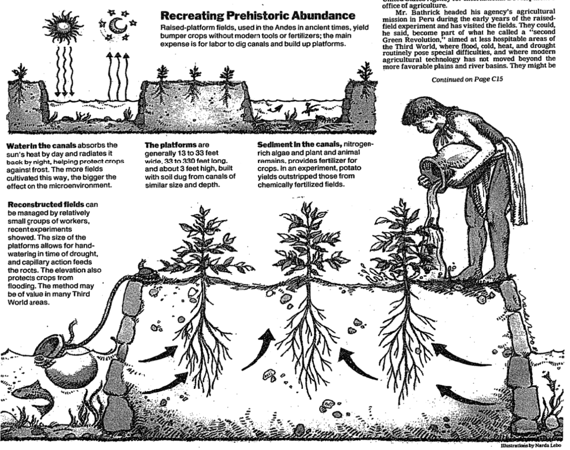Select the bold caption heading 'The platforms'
click(x=170, y=145)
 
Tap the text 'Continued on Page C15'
click(x=469, y=80)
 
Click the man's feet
click(x=474, y=272)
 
